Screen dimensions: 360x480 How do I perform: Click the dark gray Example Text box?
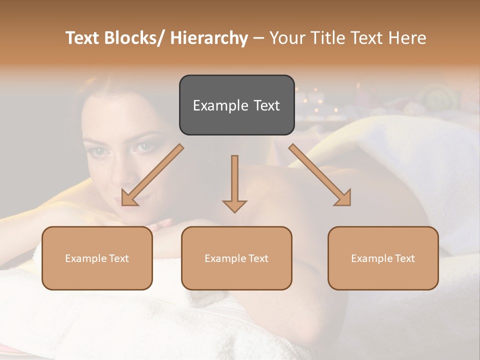[236, 105]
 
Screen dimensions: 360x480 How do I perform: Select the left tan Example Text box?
[97, 258]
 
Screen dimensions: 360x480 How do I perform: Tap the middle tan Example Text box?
[236, 258]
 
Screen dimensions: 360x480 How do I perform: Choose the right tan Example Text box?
[383, 258]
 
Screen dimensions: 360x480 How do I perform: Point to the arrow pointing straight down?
[234, 182]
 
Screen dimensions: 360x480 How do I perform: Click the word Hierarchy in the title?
[209, 38]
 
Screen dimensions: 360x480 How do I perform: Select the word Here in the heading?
[407, 38]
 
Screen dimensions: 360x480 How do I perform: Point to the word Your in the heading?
[287, 38]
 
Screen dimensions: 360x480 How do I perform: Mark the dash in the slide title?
[258, 38]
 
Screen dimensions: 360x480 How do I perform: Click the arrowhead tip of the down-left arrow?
[123, 204]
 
